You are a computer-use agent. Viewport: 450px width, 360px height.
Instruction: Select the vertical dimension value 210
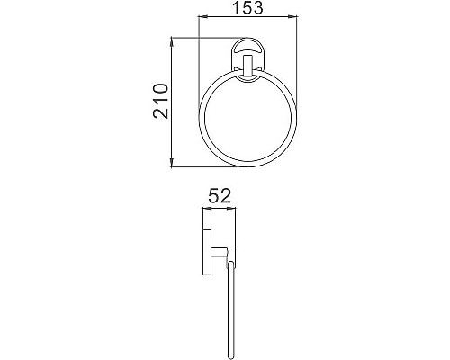[x=161, y=102]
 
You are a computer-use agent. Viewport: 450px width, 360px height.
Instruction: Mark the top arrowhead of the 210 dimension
[x=172, y=39]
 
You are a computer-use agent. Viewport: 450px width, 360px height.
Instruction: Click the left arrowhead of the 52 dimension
[x=205, y=209]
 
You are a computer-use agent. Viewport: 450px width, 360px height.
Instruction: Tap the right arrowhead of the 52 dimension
[x=235, y=209]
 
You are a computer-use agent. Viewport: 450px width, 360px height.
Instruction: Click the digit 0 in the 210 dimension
[x=161, y=88]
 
